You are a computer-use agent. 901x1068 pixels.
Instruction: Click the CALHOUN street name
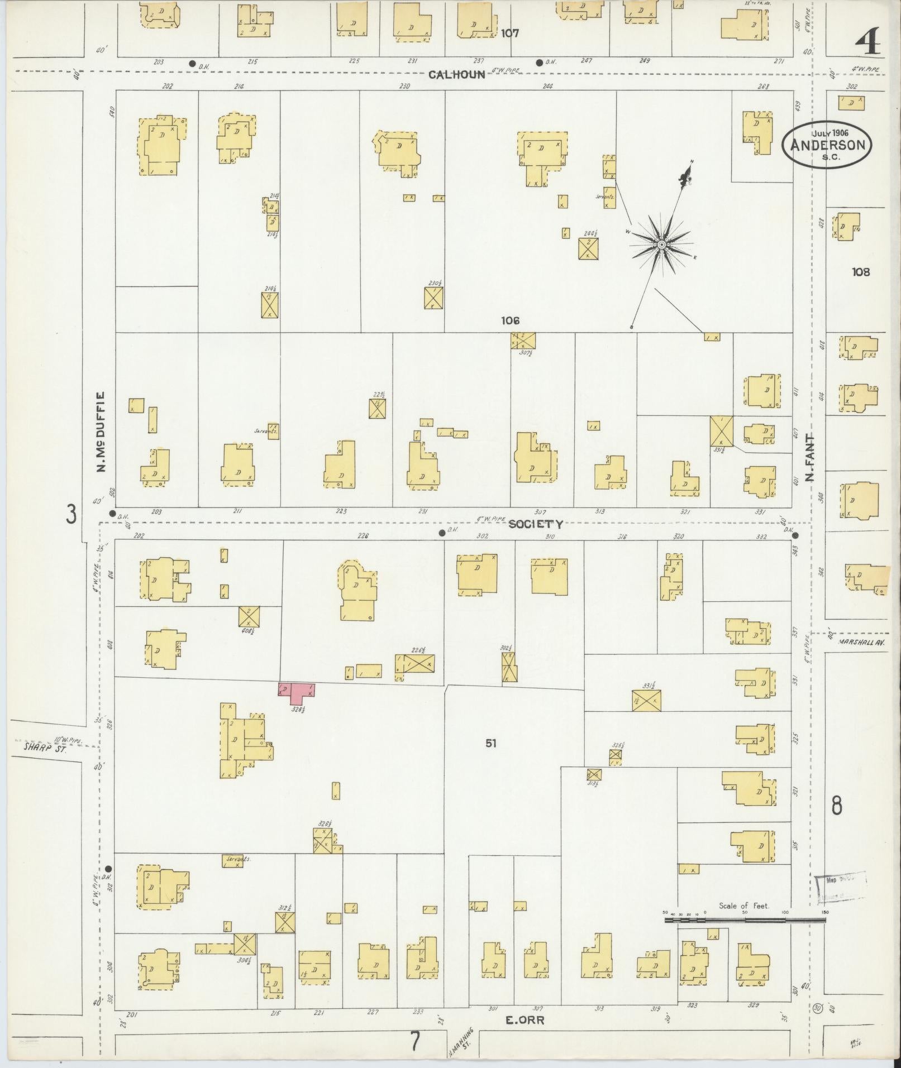click(x=457, y=74)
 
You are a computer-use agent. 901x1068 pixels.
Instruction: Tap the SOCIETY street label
click(x=535, y=524)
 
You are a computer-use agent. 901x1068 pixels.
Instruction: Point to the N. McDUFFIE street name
click(x=101, y=432)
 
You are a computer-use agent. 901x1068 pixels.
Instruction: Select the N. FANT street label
click(x=810, y=458)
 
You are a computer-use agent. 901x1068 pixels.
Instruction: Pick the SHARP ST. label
click(x=45, y=748)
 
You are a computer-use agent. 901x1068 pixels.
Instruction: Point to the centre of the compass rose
click(x=662, y=245)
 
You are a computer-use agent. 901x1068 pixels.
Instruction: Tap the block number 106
click(x=510, y=320)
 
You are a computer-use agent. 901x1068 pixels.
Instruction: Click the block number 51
click(x=490, y=744)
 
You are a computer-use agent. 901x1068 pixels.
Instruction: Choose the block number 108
click(x=861, y=272)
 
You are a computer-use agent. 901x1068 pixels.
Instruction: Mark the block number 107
click(x=509, y=33)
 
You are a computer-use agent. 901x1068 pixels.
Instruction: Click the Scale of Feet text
click(x=744, y=906)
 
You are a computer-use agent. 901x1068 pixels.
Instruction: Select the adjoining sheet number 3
click(x=71, y=514)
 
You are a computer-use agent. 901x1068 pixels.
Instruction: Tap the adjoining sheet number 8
click(x=837, y=806)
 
